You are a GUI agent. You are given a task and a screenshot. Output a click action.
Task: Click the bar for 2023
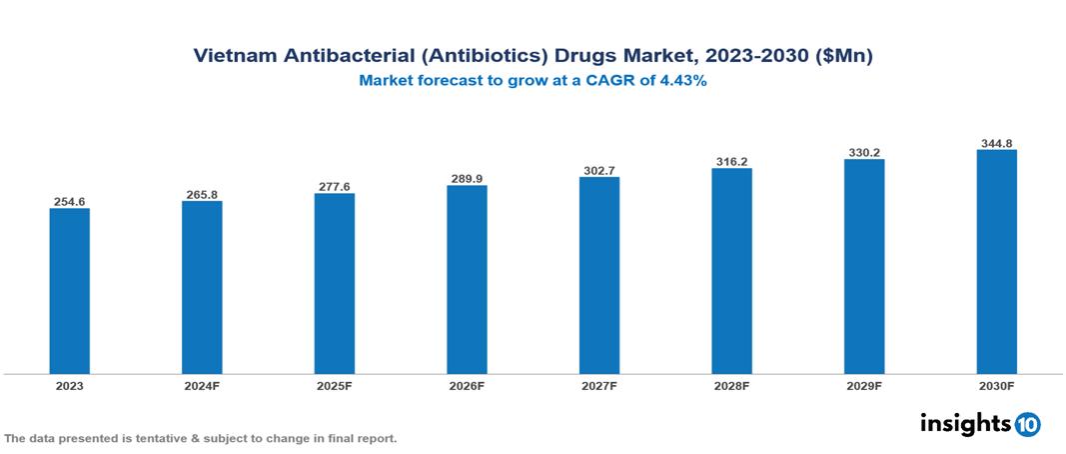pyautogui.click(x=69, y=290)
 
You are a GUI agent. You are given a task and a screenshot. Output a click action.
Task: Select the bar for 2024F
pyautogui.click(x=202, y=287)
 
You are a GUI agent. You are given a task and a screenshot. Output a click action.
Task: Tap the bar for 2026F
pyautogui.click(x=467, y=279)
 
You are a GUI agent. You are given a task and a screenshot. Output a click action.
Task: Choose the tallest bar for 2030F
pyautogui.click(x=996, y=261)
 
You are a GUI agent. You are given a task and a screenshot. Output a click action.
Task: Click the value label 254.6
pyautogui.click(x=69, y=202)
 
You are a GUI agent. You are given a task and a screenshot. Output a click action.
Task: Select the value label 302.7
pyautogui.click(x=598, y=171)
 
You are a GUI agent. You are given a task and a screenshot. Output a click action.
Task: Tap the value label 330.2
pyautogui.click(x=863, y=153)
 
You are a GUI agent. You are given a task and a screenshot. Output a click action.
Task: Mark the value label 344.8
pyautogui.click(x=996, y=143)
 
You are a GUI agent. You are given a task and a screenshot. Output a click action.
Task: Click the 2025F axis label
pyautogui.click(x=334, y=385)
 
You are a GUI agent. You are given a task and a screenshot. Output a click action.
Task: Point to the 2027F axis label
pyautogui.click(x=598, y=385)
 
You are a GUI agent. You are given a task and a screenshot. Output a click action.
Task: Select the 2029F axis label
pyautogui.click(x=863, y=385)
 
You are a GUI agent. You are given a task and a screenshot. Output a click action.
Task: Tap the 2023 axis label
pyautogui.click(x=69, y=385)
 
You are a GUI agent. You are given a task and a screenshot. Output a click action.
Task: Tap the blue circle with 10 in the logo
pyautogui.click(x=1027, y=424)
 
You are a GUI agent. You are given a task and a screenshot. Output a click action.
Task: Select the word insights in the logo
pyautogui.click(x=965, y=423)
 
